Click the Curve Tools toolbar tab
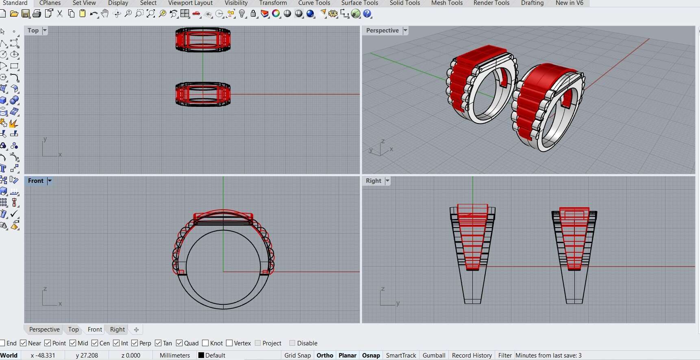pos(314,3)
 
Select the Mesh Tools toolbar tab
pos(447,3)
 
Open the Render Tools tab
pos(491,3)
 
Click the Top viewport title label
pos(33,30)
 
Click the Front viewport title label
pos(35,181)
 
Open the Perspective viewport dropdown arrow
pos(405,30)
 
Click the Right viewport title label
pos(373,181)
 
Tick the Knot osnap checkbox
pos(205,343)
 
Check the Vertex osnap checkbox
pos(229,343)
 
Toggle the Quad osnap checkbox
pos(179,343)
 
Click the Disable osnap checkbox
pos(292,343)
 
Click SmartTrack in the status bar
pos(401,356)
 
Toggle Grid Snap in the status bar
pos(297,356)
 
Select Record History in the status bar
pos(472,356)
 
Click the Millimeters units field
pos(174,356)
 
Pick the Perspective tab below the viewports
pos(44,330)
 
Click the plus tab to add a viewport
pos(137,330)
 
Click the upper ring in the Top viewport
pos(203,40)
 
